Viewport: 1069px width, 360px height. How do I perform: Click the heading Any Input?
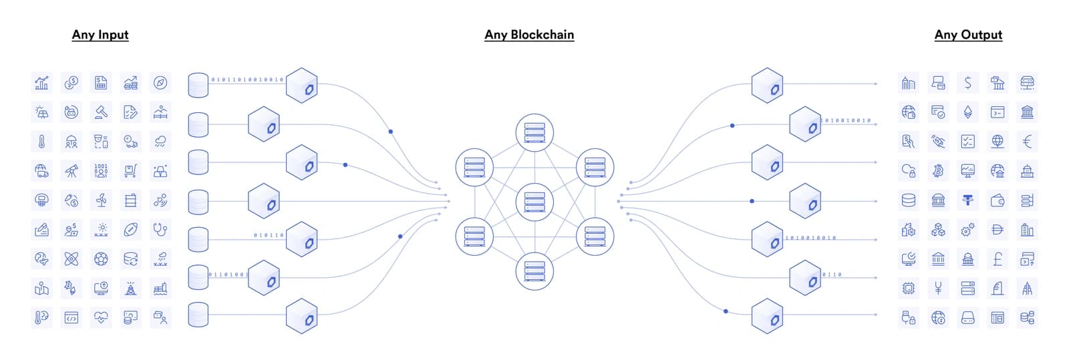[100, 35]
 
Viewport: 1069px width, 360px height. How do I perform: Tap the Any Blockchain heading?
[529, 35]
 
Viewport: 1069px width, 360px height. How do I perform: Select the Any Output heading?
[968, 35]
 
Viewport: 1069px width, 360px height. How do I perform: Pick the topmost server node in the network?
[534, 132]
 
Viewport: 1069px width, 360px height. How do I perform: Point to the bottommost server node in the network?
[534, 271]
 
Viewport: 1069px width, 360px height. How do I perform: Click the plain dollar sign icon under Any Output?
[968, 83]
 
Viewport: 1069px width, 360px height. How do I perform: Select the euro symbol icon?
[1027, 142]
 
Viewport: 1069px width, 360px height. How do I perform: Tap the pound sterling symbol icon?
[998, 259]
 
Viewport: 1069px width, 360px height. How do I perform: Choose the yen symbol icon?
[938, 288]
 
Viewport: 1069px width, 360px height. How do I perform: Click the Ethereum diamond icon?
[968, 112]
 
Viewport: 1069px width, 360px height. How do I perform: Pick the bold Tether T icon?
[968, 200]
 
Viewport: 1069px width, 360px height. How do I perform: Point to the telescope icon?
[71, 171]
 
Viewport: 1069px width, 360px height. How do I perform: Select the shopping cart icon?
[130, 171]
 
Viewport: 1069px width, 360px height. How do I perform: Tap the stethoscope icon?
[160, 229]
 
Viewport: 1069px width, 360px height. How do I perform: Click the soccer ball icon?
[101, 259]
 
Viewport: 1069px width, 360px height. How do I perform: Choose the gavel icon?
[101, 112]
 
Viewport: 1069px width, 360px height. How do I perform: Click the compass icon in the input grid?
[160, 83]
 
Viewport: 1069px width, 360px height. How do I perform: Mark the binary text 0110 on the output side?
[832, 275]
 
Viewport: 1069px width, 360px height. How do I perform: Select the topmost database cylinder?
[198, 85]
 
